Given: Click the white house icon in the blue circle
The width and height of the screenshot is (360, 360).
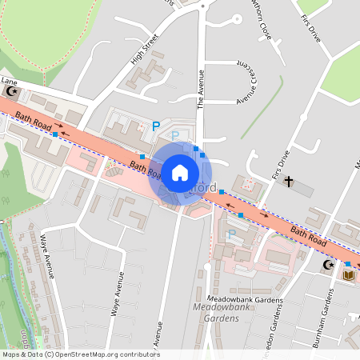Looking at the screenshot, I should (180, 172).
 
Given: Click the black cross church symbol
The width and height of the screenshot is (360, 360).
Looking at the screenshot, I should (289, 182).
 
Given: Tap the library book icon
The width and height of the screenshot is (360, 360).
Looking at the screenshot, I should (348, 276).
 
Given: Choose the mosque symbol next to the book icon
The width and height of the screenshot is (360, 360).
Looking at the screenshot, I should (328, 264).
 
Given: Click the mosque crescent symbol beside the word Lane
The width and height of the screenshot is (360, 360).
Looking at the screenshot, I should (11, 92).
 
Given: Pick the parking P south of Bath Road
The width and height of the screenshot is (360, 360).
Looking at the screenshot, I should (232, 235).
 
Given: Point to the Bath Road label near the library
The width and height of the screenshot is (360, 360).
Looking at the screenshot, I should (309, 235).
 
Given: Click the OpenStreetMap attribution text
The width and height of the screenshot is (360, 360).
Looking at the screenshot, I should (80, 354).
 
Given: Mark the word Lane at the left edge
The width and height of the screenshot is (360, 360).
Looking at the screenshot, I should (9, 81).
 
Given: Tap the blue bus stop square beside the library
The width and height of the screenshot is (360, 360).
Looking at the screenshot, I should (347, 263).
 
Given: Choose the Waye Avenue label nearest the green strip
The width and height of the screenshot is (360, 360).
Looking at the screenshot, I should (46, 256).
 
